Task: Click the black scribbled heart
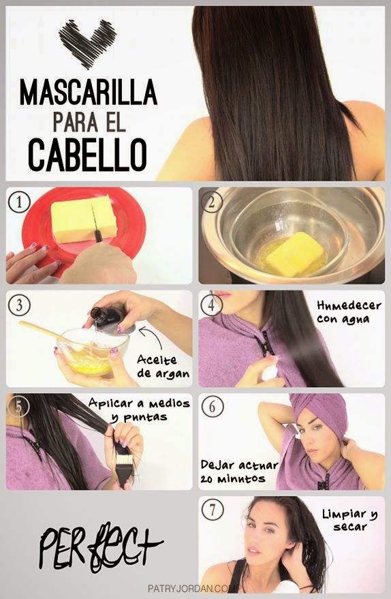[x=87, y=43]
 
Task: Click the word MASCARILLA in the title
[x=88, y=91]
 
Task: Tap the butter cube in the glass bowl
[x=294, y=254]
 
